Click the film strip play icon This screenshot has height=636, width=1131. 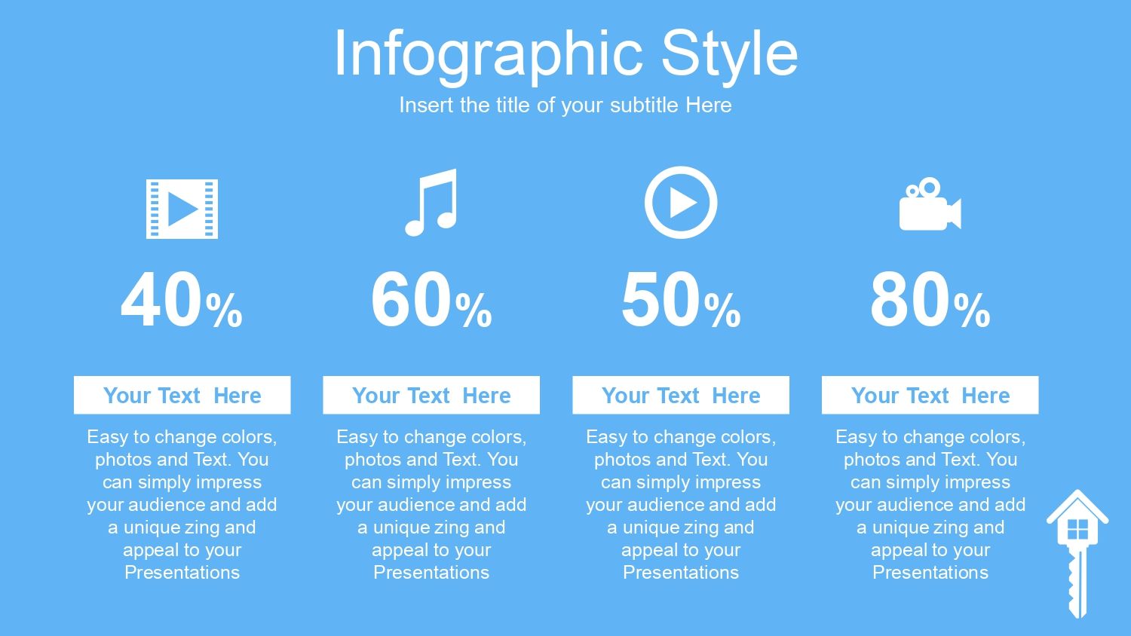click(182, 209)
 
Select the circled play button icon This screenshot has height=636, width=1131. click(681, 203)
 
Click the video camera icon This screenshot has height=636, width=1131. click(930, 204)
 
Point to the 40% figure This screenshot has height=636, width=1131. click(182, 301)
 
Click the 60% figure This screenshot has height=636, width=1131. click(431, 301)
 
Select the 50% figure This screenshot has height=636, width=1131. click(681, 301)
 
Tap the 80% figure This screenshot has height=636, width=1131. click(930, 301)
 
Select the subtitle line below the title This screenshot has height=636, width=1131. click(565, 105)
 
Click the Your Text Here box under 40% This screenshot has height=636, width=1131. click(182, 395)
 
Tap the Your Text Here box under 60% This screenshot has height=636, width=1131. click(431, 395)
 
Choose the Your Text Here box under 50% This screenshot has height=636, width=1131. click(681, 395)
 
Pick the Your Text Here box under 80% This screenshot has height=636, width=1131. click(930, 395)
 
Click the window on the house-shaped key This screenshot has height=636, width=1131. click(1077, 530)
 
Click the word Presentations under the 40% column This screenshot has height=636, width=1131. click(182, 573)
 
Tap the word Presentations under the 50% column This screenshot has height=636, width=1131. click(681, 573)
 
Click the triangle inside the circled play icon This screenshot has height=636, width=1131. click(682, 203)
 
